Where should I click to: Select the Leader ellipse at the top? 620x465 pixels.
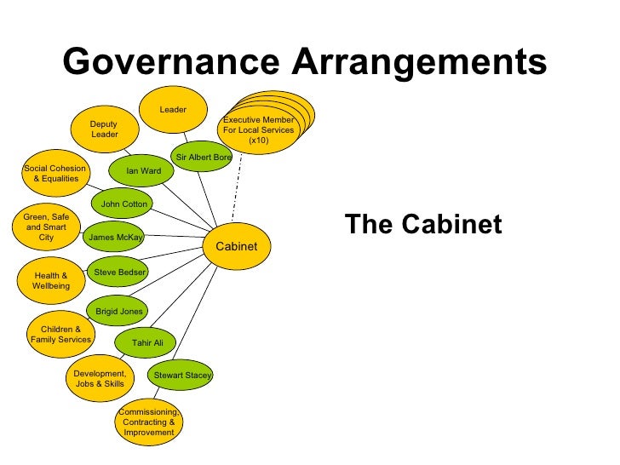[173, 110]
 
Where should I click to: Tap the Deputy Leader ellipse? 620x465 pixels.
[104, 129]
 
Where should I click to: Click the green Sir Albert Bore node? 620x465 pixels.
[203, 157]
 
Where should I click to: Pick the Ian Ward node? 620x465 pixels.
[143, 171]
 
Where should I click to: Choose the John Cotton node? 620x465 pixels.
[123, 204]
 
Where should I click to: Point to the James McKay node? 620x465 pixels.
[116, 238]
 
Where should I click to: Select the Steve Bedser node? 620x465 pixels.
[119, 272]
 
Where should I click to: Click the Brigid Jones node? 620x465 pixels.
[119, 312]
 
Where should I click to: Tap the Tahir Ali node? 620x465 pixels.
[147, 342]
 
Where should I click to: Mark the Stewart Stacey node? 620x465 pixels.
[181, 375]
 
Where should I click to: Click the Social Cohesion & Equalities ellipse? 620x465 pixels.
[55, 174]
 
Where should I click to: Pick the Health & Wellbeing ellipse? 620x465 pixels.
[51, 281]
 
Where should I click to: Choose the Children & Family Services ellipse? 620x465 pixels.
[60, 335]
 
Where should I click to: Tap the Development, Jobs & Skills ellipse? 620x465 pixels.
[99, 378]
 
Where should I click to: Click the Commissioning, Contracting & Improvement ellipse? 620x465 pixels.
[149, 422]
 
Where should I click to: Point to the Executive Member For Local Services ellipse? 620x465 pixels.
[259, 130]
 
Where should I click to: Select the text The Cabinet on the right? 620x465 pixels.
[423, 225]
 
